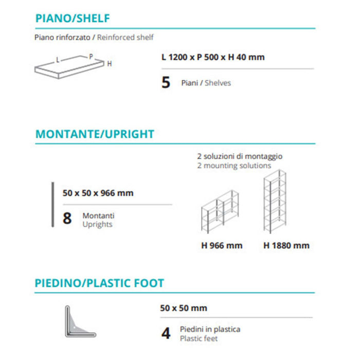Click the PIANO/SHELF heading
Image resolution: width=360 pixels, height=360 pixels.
pos(73,19)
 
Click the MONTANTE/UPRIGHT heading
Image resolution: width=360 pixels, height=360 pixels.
pos(95,134)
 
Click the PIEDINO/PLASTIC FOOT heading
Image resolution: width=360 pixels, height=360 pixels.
pos(100,283)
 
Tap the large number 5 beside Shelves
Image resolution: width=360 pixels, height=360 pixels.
pos(166,83)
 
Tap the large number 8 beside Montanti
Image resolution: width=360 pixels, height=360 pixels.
pos(67,219)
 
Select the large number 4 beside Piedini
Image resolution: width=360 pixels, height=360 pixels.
pos(166,334)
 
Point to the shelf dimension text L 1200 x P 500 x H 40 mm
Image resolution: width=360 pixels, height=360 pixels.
pos(213,57)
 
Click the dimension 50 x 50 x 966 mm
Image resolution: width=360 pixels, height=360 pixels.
pos(98,193)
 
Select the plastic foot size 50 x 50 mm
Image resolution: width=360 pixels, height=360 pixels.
pos(184,308)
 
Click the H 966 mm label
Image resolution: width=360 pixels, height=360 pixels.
pos(222,245)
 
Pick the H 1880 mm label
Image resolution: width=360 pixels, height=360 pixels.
pos(286,245)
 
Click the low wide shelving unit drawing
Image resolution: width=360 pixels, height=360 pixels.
pos(220,212)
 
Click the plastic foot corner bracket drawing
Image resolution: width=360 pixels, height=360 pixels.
pos(80,321)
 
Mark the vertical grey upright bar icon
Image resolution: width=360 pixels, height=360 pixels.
pos(52,204)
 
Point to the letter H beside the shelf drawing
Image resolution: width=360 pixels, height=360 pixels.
pos(109,64)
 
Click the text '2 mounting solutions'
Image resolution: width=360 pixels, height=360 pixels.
pos(234,166)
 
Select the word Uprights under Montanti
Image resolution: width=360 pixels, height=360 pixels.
pos(98,224)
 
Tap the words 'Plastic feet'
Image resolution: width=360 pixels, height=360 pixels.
pos(199,338)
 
